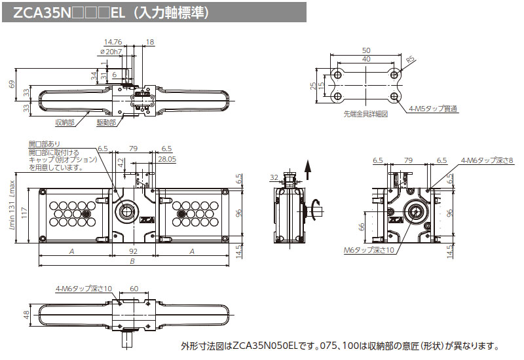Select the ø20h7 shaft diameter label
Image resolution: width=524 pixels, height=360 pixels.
click(x=111, y=51)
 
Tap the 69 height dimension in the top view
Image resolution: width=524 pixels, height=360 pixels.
click(x=11, y=84)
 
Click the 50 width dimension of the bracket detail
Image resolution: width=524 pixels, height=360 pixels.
click(x=365, y=50)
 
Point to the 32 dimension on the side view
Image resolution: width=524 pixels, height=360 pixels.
click(x=274, y=176)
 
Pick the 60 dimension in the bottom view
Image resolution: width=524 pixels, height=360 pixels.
click(x=134, y=288)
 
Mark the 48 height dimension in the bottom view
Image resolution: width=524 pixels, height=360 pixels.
click(x=24, y=315)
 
